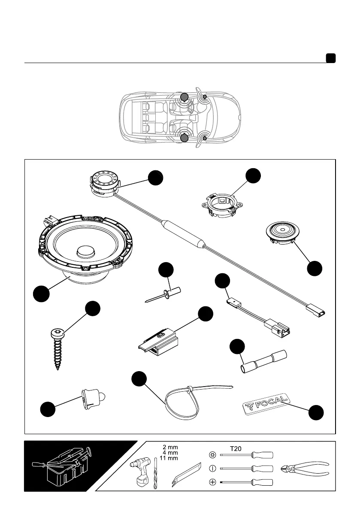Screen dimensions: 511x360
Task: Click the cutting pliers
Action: [304, 469]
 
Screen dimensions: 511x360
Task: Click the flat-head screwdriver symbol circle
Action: [212, 468]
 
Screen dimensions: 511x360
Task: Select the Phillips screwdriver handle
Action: [263, 482]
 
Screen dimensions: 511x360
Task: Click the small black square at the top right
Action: [330, 58]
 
